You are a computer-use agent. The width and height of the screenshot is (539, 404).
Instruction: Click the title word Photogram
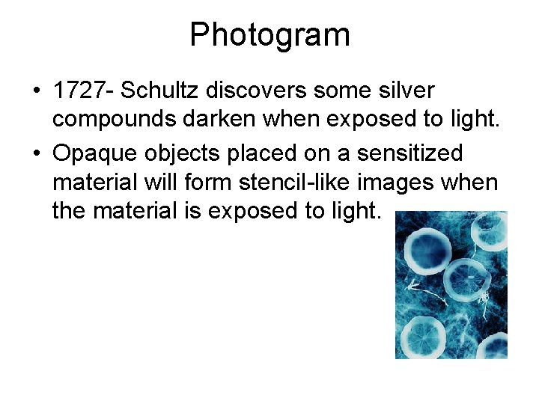269,35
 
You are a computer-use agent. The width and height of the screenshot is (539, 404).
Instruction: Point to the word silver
408,91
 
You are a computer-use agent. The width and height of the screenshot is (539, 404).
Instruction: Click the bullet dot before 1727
36,91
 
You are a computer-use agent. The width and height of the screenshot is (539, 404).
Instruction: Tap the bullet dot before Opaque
36,153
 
